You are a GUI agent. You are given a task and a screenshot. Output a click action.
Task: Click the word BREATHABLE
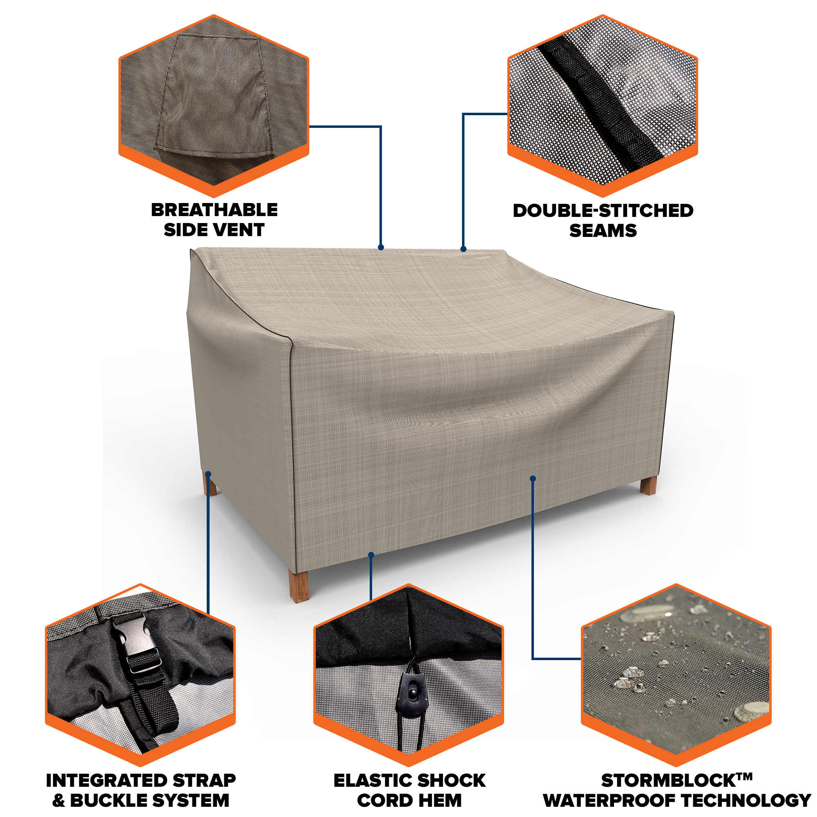214,210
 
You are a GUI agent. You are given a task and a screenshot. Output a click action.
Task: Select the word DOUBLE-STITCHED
603,211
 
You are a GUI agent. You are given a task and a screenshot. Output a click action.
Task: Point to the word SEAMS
603,231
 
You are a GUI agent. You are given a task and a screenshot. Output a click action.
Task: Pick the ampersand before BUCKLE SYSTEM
59,801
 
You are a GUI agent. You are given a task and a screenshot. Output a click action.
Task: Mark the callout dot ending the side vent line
381,248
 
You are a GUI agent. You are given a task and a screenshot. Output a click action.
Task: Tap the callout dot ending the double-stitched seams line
464,249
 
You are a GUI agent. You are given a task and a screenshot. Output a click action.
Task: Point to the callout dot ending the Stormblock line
533,478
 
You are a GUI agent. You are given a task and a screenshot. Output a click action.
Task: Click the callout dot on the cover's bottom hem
371,554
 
